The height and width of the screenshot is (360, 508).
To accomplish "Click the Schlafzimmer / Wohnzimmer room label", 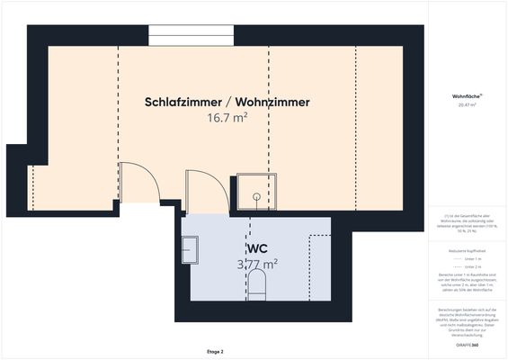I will (x=227, y=103).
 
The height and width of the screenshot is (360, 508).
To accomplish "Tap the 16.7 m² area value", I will (x=227, y=117).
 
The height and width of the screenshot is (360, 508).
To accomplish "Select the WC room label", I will (x=257, y=247).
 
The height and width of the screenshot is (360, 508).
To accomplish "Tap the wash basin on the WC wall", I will (x=190, y=248).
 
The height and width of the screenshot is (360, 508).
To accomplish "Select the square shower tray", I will (x=255, y=192).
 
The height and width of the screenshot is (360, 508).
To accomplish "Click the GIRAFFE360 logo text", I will (x=466, y=345).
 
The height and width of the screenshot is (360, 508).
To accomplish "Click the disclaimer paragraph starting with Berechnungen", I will (x=466, y=320).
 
